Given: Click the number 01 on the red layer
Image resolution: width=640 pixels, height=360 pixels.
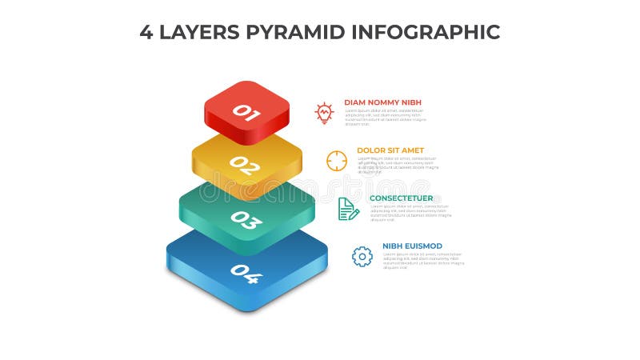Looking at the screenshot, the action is coord(246,113).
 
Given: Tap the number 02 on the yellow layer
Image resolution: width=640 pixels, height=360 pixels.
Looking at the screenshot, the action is coord(245,166).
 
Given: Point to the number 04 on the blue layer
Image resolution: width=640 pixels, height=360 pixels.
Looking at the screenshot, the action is coord(246,274).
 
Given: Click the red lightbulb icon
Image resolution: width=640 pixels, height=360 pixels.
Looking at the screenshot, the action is coord(323,112).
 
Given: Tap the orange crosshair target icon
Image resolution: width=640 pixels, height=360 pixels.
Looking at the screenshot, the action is coord(337,160).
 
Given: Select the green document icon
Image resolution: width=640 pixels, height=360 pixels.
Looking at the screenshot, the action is coord(348,209).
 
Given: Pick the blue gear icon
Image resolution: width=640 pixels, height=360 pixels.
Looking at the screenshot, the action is coord(362,256).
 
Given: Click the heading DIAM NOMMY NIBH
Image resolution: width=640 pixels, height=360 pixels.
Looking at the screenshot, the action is coord(382,102).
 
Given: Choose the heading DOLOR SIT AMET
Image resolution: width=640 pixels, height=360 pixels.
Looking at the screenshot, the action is coord(390,150).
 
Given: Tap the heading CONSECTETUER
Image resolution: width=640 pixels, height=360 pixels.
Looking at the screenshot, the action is coord(401,198).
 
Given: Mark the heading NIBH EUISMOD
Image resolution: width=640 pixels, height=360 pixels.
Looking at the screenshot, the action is coord(412,246).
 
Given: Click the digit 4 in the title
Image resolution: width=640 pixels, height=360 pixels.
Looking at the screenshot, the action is coord(146,32).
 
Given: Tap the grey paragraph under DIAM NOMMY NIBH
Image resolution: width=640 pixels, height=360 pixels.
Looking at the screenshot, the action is coord(385,118).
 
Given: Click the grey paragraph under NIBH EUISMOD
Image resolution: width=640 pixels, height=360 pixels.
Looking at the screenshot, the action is coord(422,261).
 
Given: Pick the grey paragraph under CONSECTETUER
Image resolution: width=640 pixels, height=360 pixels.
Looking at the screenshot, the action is coord(410,213).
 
